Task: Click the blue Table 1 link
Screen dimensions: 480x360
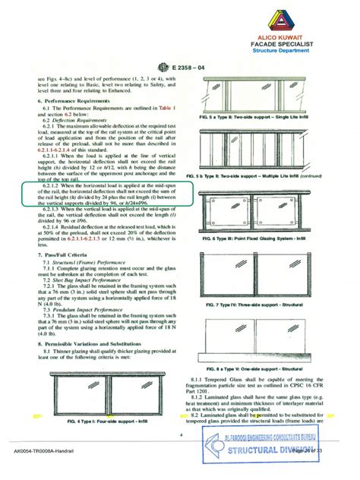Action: [164, 107]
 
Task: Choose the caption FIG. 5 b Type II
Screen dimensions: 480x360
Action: [262, 174]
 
